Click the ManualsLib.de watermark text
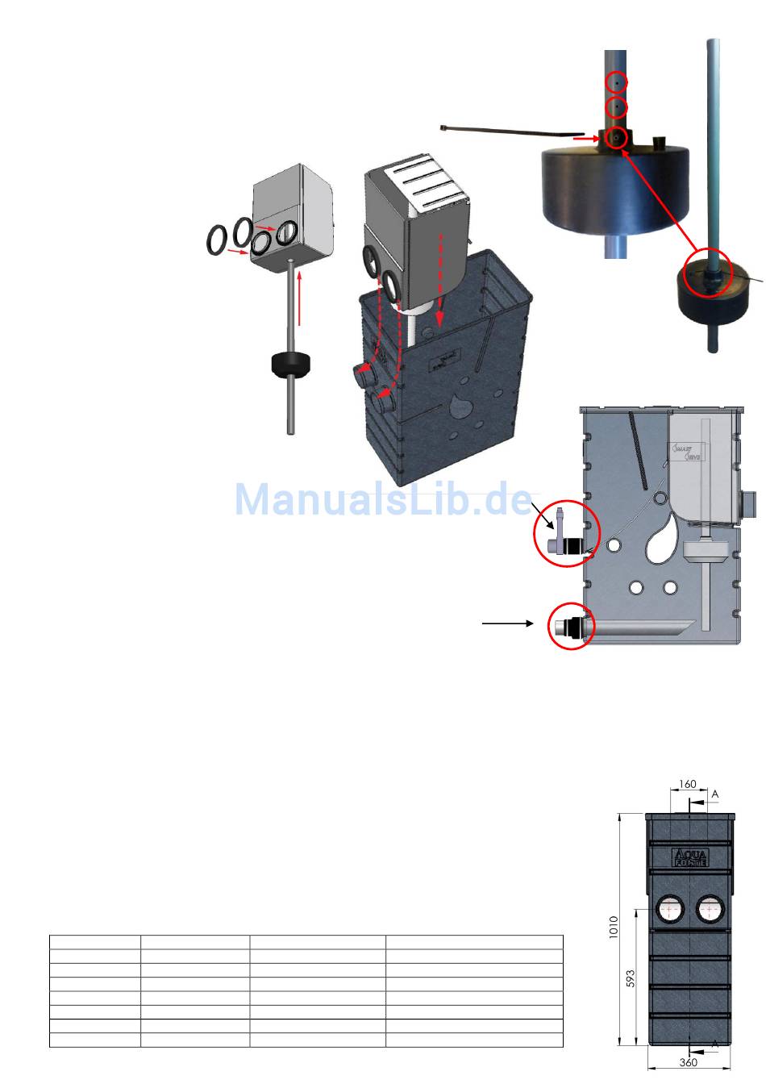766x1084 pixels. click(x=384, y=500)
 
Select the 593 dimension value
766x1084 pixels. click(x=631, y=978)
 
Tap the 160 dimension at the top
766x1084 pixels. click(x=687, y=784)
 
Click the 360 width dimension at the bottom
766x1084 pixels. click(x=688, y=1063)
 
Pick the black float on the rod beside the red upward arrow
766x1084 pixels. click(x=291, y=365)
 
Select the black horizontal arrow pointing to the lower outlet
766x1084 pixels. click(x=508, y=623)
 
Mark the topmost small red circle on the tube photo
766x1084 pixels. click(x=615, y=82)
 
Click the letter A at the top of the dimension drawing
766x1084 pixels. click(x=715, y=794)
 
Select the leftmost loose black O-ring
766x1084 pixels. click(x=216, y=240)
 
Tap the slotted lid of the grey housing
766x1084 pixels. click(x=417, y=186)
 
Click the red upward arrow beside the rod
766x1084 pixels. click(x=299, y=298)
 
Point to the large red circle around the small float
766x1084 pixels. click(x=707, y=274)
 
